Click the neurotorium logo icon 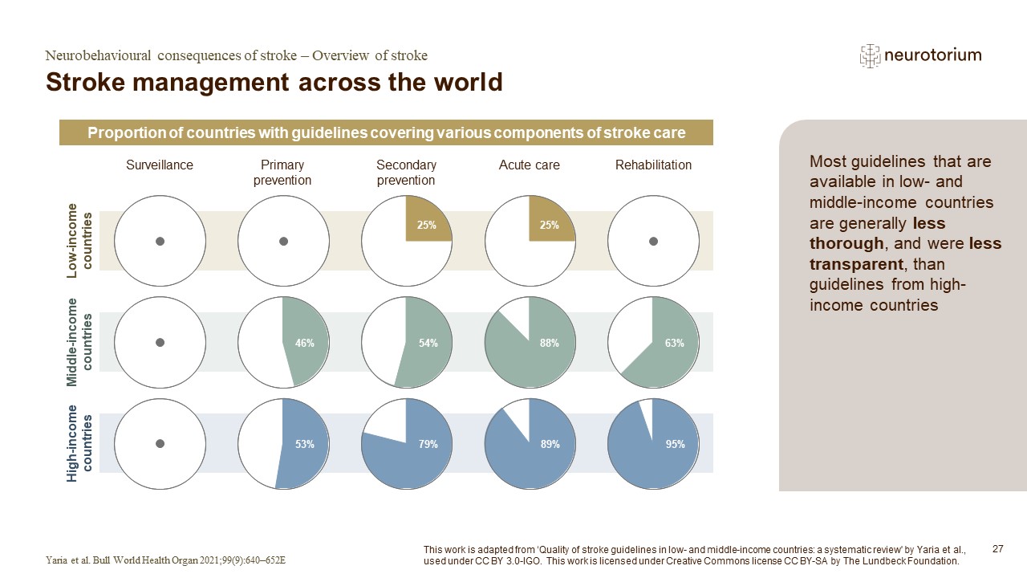point(870,55)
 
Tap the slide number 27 point(998,549)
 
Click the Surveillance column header point(160,165)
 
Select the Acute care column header point(529,165)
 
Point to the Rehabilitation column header point(653,165)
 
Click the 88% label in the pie point(549,344)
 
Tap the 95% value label point(675,444)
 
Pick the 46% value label point(304,344)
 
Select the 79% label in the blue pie point(428,444)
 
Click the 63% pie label point(674,344)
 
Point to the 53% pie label point(304,444)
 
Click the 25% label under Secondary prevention point(426,226)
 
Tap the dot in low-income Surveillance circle point(160,241)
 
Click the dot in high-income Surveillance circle point(160,443)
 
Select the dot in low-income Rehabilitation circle point(653,241)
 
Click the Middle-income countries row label point(80,342)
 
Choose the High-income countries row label point(80,443)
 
